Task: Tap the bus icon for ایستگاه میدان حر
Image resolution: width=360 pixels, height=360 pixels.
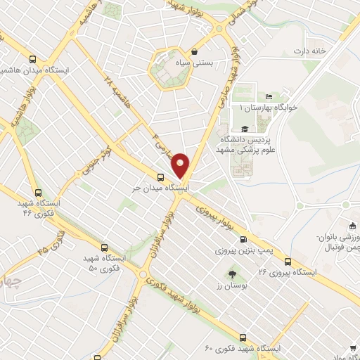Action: point(161,177)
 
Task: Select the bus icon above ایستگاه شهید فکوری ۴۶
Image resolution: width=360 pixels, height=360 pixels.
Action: point(37,192)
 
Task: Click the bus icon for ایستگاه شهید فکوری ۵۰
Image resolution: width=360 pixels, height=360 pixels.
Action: point(104,247)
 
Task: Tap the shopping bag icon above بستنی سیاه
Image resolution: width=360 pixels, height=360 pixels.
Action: point(194,52)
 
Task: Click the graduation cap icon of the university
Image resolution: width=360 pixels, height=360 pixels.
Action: point(244,129)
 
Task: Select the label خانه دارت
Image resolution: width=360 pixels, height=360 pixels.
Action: point(311,51)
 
